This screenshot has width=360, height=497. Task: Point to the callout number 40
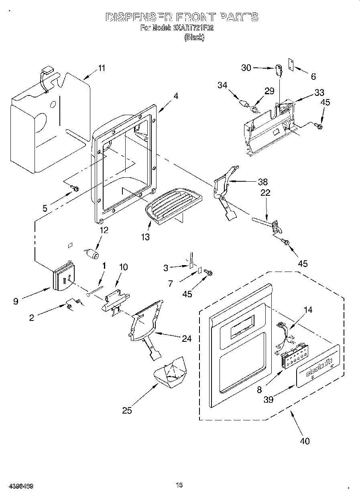point(305,441)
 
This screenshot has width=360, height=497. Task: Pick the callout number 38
point(263,181)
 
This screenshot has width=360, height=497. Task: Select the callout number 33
point(319,93)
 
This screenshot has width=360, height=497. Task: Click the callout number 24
point(186,339)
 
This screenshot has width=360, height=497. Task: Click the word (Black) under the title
point(194,37)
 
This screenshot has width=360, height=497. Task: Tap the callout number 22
point(265,193)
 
